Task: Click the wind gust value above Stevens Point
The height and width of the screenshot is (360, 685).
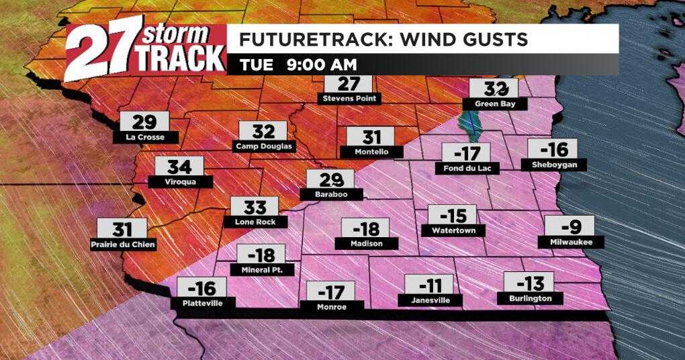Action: (349, 84)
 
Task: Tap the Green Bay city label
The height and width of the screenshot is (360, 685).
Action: (495, 103)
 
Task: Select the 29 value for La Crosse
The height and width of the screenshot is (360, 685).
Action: (144, 122)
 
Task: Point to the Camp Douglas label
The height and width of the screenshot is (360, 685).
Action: (265, 146)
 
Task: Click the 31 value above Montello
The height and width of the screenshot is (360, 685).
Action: (372, 137)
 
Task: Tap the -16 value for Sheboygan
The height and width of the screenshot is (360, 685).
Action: (553, 149)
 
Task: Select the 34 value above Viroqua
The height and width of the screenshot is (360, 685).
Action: (179, 167)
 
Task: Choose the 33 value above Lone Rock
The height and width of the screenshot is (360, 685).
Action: (255, 206)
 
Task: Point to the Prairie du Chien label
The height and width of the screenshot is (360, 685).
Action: (123, 244)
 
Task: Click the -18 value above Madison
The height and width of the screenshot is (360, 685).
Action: (366, 228)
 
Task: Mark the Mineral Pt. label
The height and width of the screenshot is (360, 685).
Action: (262, 270)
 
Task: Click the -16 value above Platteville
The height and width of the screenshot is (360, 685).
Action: (201, 288)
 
